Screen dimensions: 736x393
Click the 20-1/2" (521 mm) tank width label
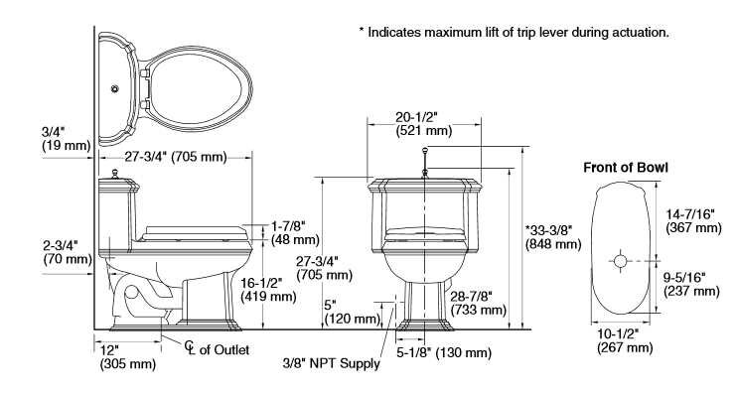pos(424,124)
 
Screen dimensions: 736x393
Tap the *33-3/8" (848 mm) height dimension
pos(553,237)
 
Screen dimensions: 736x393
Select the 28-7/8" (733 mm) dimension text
pos(479,303)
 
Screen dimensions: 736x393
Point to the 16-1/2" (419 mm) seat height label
pos(268,290)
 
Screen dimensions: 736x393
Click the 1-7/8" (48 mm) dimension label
pos(295,233)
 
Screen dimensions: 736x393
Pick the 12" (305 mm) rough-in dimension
pos(128,357)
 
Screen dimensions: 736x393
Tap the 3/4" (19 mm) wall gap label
pos(67,138)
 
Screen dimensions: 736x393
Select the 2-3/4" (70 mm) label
pos(68,252)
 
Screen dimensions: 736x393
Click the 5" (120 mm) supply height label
pos(352,313)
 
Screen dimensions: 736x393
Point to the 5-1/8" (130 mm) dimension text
pos(444,352)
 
